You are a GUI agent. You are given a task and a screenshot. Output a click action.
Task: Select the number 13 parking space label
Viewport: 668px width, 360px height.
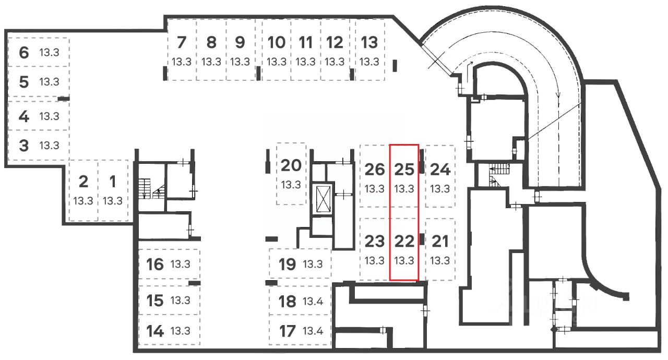[369, 42]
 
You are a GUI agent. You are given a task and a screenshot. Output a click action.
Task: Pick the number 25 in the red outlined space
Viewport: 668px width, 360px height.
[404, 170]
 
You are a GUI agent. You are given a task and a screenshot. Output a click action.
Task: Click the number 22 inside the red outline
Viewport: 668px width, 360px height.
[404, 241]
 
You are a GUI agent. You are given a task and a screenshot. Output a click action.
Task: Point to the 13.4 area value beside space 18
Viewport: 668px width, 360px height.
[313, 301]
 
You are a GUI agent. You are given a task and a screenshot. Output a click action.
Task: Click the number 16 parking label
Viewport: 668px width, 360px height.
[155, 264]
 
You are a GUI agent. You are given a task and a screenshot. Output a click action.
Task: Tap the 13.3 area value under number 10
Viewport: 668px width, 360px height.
[277, 62]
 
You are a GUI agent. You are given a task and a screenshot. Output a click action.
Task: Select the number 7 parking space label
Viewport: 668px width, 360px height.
[182, 42]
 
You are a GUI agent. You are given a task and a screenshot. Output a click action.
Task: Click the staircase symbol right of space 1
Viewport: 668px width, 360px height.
[151, 188]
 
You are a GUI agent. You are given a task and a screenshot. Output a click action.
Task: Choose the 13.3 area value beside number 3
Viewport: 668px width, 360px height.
[49, 145]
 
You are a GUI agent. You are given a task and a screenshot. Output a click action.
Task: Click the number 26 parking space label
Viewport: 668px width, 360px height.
[375, 170]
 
